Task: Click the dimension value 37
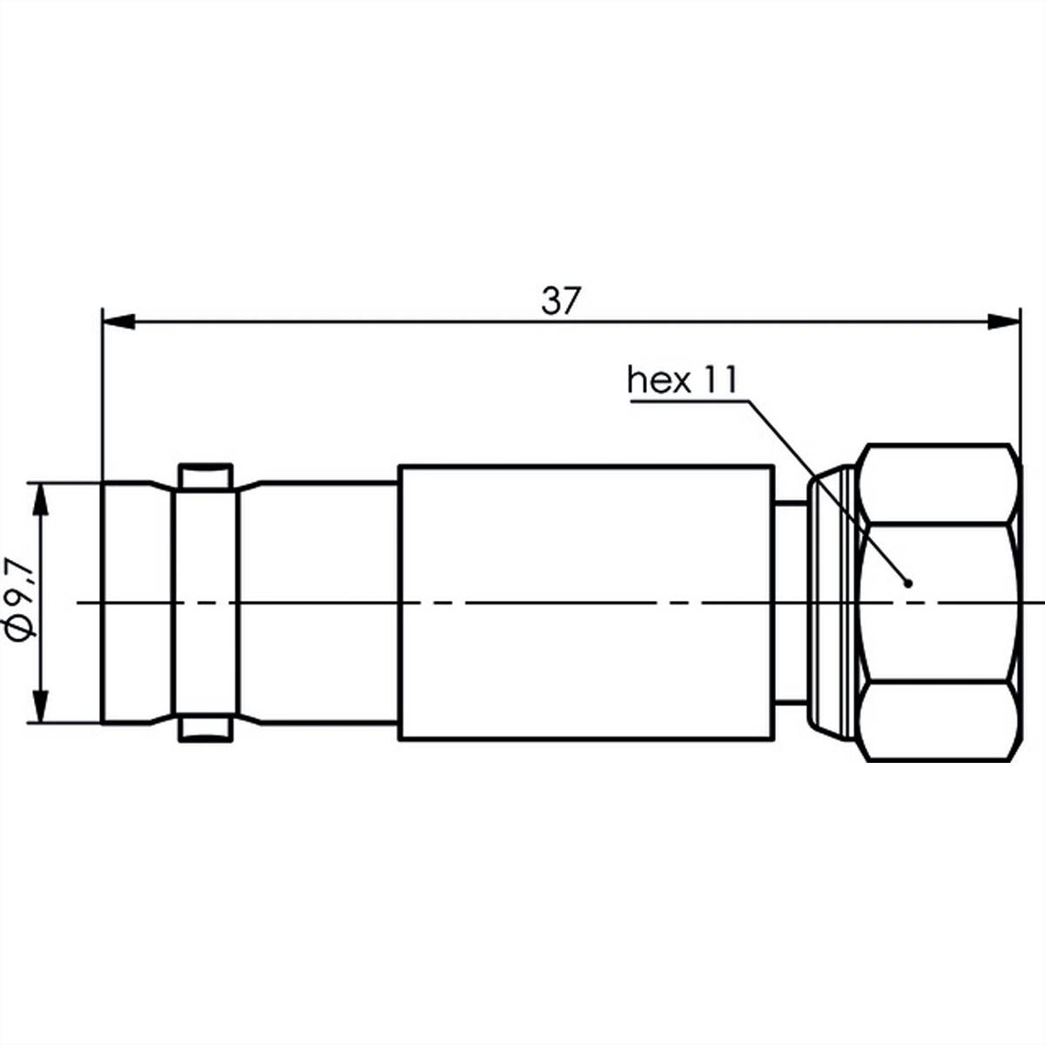[560, 301]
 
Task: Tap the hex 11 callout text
[682, 381]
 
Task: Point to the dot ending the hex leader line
[907, 583]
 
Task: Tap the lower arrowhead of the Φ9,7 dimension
[39, 705]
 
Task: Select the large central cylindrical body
[585, 603]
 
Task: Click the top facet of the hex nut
[940, 483]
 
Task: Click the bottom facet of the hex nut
[940, 723]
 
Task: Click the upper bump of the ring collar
[206, 475]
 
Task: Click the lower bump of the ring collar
[206, 730]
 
